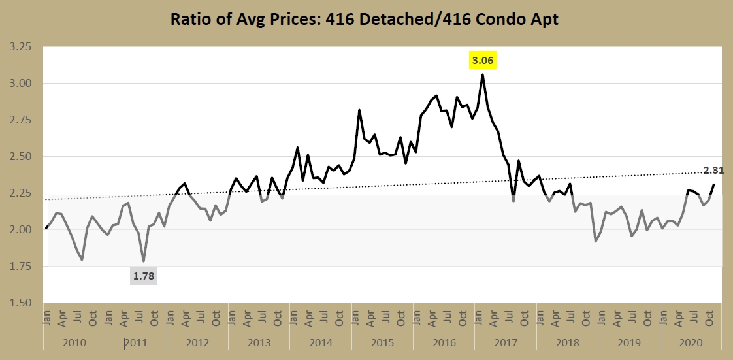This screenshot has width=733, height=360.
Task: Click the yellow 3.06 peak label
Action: coord(483,61)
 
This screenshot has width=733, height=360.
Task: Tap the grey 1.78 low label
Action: coord(144,276)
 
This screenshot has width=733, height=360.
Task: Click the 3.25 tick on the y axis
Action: coord(20,47)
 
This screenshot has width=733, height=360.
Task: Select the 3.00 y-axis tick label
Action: coord(20,84)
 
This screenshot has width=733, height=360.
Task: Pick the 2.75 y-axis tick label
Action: coord(20,120)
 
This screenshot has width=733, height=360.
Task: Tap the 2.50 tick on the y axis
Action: coord(20,157)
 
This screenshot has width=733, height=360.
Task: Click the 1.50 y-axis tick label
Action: coord(20,303)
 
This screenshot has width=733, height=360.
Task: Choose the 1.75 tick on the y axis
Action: coord(20,267)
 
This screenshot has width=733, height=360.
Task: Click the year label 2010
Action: coord(74,342)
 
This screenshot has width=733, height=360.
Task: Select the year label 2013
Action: coord(259,342)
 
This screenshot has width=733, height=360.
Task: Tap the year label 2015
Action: coord(383,342)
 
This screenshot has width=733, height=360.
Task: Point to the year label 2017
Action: coord(506,342)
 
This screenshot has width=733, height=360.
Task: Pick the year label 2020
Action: coord(691,342)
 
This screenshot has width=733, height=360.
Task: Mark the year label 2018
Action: coord(567,342)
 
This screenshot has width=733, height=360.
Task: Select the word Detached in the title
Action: coord(399,19)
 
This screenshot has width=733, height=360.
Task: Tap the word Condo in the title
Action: coord(505,19)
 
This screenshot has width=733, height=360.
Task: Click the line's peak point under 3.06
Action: coord(483,74)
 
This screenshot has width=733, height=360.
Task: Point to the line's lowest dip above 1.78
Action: coord(143,261)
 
